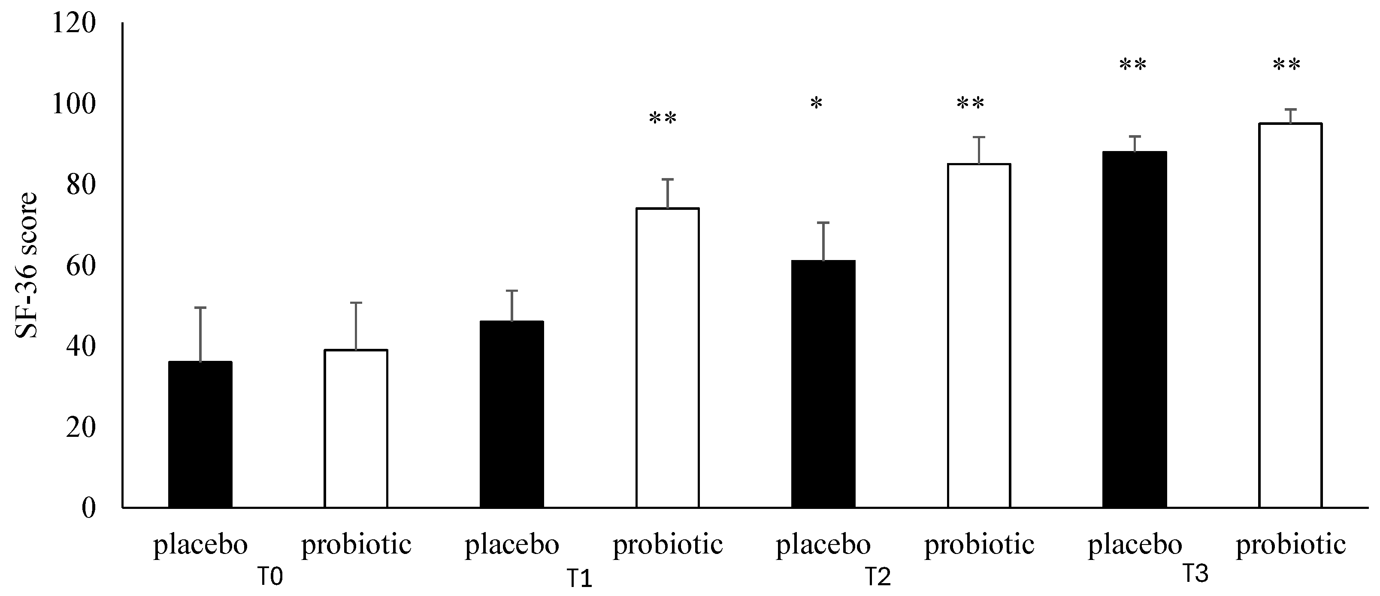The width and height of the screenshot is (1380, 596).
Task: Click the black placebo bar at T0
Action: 200,434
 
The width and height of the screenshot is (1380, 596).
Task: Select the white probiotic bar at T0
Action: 356,428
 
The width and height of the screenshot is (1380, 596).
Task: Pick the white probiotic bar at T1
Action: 668,358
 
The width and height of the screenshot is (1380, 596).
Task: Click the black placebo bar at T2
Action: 823,384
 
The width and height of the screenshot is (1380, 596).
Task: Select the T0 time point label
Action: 270,577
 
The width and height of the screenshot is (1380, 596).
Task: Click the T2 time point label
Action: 878,577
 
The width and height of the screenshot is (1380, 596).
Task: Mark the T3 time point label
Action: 1195,574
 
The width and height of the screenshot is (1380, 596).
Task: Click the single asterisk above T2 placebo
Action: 816,103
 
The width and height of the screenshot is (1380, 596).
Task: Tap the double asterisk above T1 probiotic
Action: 663,118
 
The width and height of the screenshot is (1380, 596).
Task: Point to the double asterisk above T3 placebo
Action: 1132,65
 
